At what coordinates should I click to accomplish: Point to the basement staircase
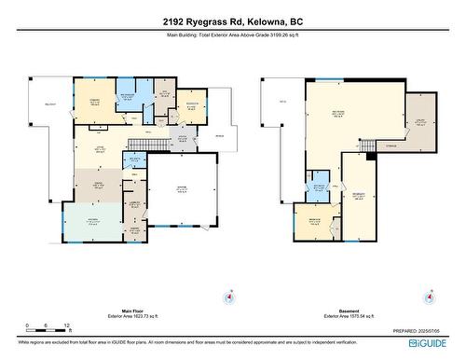tap(367, 145)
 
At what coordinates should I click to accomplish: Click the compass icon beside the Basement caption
tap(428, 298)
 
